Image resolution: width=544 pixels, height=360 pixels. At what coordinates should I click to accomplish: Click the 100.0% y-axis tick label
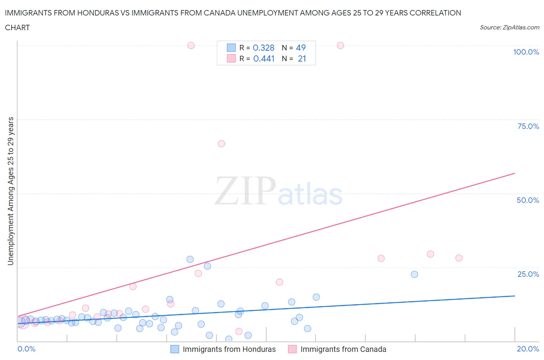(526, 52)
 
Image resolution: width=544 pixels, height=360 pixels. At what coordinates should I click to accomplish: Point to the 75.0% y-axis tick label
(528, 126)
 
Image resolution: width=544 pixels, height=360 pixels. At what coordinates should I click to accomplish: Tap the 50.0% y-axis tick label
(528, 200)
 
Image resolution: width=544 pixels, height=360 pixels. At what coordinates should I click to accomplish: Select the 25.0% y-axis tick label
(528, 274)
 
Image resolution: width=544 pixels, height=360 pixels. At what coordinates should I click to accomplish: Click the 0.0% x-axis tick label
(26, 349)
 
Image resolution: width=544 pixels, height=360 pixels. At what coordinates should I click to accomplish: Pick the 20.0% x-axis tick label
(528, 349)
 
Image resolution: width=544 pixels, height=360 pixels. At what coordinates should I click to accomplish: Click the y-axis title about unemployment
(10, 191)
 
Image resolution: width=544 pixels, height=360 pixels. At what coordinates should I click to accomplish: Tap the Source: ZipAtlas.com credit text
(509, 27)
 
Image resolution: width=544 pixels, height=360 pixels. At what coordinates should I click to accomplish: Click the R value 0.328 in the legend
(263, 48)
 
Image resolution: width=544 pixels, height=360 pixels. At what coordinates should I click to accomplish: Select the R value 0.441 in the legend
(263, 58)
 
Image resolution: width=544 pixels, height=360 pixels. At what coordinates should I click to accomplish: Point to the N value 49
(301, 48)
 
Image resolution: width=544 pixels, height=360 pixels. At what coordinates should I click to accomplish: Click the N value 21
(302, 58)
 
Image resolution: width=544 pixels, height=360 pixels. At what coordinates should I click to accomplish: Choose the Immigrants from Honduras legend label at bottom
(229, 349)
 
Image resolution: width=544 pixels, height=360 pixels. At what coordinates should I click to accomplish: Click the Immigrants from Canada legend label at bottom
(343, 349)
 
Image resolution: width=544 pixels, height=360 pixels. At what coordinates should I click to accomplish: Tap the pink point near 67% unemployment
(221, 144)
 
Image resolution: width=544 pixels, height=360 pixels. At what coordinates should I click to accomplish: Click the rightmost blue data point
(414, 274)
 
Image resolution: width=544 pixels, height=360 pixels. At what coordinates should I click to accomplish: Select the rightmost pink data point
(459, 258)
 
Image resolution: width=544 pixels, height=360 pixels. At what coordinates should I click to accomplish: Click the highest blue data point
(190, 259)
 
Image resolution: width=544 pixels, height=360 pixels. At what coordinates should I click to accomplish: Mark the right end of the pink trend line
(515, 173)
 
